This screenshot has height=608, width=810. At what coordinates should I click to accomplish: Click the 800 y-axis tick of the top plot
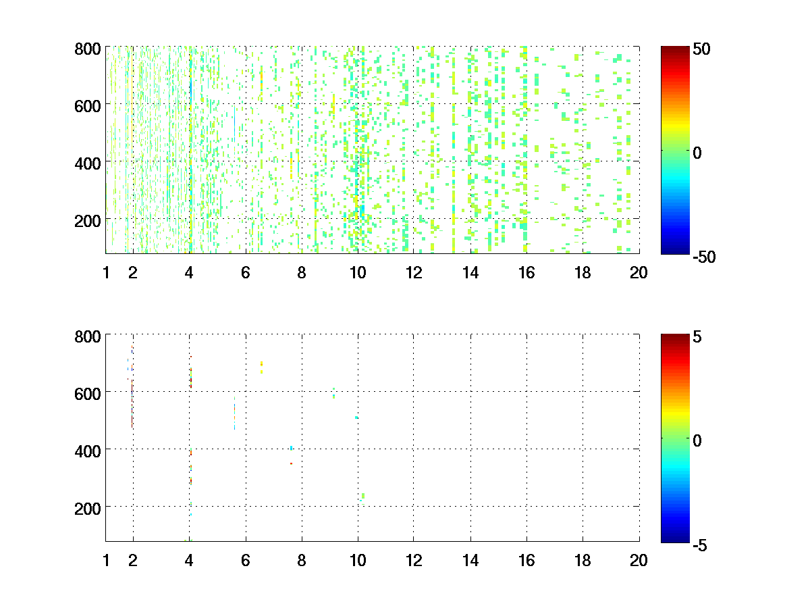88,49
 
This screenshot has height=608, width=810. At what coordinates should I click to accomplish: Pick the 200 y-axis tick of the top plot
88,220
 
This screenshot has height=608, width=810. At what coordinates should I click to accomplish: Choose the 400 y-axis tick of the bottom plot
88,450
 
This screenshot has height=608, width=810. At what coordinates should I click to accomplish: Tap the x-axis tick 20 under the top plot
639,273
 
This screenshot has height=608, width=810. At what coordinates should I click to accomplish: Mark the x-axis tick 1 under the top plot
106,273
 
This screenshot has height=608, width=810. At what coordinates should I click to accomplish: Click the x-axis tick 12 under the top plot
414,273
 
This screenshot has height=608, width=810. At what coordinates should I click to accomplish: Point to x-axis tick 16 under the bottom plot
526,560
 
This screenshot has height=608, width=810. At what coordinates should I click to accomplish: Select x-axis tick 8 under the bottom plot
302,560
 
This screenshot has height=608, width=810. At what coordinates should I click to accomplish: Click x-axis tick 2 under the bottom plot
133,560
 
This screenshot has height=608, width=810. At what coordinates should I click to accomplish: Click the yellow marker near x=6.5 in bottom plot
261,367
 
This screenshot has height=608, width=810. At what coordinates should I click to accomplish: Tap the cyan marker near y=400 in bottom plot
292,448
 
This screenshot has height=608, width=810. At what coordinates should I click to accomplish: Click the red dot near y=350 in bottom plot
291,463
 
